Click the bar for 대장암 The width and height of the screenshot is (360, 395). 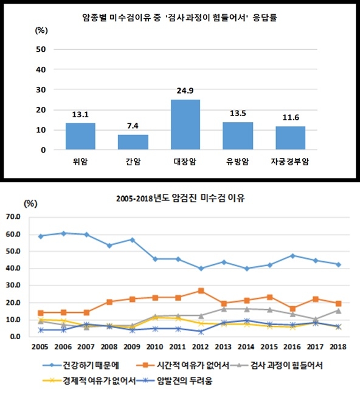tap(185, 125)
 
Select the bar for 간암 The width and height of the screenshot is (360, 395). tap(133, 142)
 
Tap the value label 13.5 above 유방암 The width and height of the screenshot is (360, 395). tap(238, 114)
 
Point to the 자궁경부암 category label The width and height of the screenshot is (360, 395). tap(290, 162)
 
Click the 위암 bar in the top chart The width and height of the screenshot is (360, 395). tap(80, 136)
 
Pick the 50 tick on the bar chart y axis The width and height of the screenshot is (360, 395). tap(41, 49)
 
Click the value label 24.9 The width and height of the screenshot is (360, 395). tap(185, 91)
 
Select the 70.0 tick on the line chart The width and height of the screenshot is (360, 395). tap(13, 217)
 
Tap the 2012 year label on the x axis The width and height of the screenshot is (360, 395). tap(200, 347)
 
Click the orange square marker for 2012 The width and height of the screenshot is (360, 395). tap(201, 290)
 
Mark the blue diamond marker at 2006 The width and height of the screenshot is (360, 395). tap(63, 233)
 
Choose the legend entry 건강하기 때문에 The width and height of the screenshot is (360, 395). tap(81, 365)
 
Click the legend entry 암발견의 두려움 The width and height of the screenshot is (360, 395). tap(175, 380)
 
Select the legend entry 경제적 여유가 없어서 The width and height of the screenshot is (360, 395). tap(89, 380)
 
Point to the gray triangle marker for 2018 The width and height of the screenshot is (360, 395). tap(339, 311)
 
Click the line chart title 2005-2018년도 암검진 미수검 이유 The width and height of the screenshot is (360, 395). tap(181, 198)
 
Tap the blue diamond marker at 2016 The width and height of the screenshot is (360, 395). tap(292, 256)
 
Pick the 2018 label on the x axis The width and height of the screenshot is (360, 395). tap(338, 347)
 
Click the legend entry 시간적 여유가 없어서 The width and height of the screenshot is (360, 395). tap(183, 365)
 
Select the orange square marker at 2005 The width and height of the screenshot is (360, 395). tap(41, 313)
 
